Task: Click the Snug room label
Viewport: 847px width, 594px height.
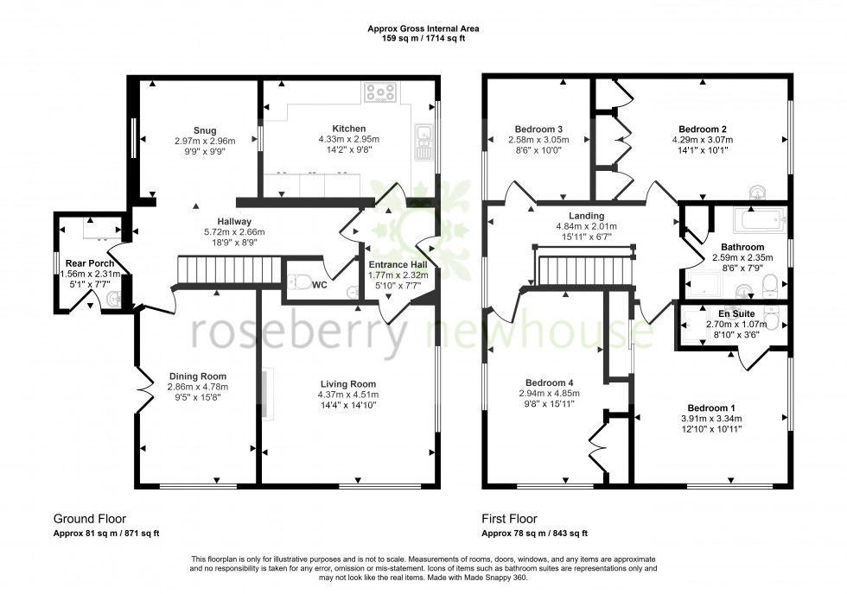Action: [194, 130]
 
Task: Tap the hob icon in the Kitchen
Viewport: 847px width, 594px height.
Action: [379, 92]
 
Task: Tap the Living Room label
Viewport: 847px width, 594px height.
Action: [348, 384]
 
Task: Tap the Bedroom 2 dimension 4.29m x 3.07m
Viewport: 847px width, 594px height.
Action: [702, 139]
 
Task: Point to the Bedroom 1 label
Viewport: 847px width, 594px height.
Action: [711, 408]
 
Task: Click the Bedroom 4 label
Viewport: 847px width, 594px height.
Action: [549, 382]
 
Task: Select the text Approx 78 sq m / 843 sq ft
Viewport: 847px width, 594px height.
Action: [536, 534]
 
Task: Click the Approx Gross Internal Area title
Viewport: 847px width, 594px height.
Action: [423, 28]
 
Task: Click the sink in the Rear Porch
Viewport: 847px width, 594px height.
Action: [113, 299]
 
